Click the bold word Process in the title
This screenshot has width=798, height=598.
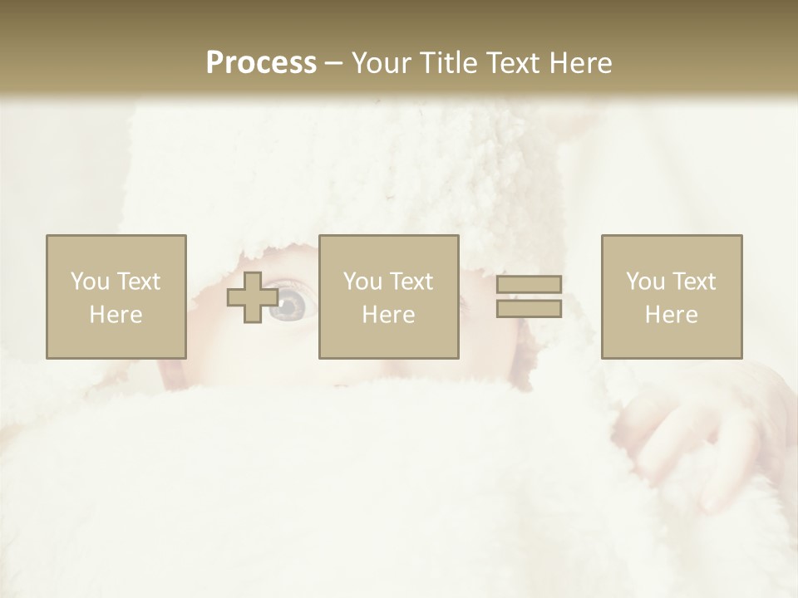(x=261, y=63)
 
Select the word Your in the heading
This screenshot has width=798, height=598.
(x=379, y=63)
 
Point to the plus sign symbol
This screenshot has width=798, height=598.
(x=253, y=297)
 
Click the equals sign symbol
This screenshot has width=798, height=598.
(x=529, y=297)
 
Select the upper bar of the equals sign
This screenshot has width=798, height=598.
(x=529, y=285)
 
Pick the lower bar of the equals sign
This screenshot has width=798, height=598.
(x=529, y=309)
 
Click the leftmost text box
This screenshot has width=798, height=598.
(x=116, y=297)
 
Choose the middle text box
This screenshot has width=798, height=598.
(x=389, y=297)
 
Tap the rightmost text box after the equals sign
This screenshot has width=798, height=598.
(x=672, y=297)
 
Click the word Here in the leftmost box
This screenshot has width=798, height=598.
(x=116, y=315)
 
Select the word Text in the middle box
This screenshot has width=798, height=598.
(x=409, y=282)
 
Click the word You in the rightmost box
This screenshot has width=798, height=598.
(x=646, y=282)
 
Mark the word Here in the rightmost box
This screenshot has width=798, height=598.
(x=672, y=315)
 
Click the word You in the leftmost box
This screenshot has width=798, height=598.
(x=91, y=282)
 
